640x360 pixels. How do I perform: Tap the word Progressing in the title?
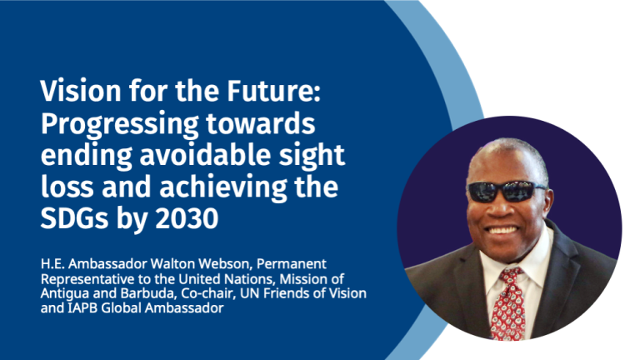pos(120,124)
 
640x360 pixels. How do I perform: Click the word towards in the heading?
pos(260,122)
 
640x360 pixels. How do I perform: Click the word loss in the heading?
pos(67,187)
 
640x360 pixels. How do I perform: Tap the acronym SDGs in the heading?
pos(74,219)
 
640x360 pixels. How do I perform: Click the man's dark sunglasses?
pos(506,191)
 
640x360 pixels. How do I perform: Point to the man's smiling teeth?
pos(502,231)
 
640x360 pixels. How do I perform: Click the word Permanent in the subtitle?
pos(292,264)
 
